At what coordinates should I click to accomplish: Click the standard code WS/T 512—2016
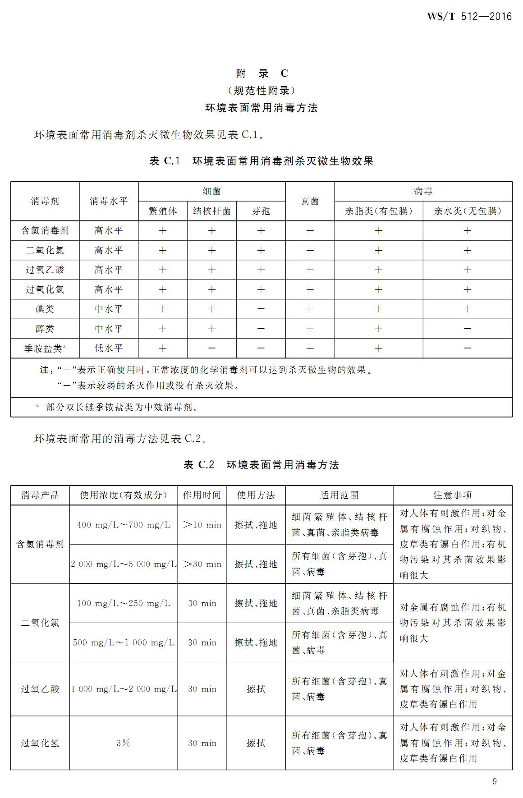[469, 17]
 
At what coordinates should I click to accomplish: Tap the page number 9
[495, 781]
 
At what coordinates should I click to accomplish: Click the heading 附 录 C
[261, 73]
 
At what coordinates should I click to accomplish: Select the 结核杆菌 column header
[211, 211]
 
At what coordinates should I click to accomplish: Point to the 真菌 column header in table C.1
[310, 201]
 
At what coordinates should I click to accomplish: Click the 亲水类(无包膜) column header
[467, 211]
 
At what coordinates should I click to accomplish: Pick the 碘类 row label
[45, 309]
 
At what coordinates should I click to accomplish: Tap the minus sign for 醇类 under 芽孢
[261, 329]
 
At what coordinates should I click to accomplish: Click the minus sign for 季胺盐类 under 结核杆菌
[211, 348]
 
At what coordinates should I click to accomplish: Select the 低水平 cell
[109, 348]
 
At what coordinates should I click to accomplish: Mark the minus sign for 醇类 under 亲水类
[467, 329]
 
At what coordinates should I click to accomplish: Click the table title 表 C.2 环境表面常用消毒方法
[261, 465]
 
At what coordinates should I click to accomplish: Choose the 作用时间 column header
[202, 495]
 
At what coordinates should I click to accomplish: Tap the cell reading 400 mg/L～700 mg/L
[124, 525]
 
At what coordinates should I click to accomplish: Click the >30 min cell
[202, 564]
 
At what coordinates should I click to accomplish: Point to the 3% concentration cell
[123, 743]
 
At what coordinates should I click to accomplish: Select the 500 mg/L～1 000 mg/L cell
[124, 642]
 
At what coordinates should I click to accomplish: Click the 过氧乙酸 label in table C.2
[40, 689]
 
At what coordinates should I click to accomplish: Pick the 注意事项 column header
[453, 495]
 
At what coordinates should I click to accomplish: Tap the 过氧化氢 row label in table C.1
[45, 289]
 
